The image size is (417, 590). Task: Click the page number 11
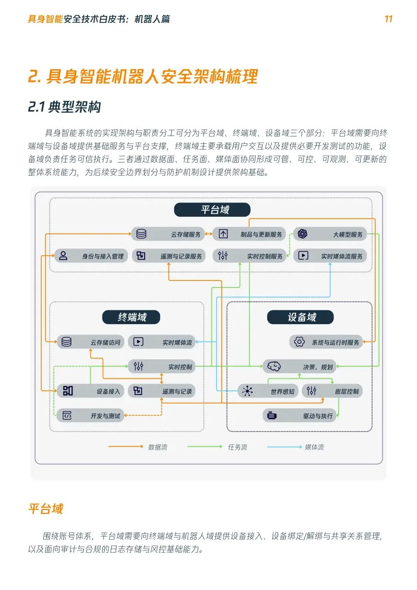click(388, 19)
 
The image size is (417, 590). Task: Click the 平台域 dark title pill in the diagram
click(212, 210)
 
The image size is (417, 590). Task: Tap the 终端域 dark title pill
click(131, 317)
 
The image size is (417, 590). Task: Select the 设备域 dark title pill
click(300, 317)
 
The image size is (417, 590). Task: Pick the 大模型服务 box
click(330, 234)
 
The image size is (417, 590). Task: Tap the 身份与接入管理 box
click(91, 256)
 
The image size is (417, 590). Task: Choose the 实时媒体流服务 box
click(330, 256)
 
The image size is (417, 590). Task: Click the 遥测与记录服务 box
click(169, 256)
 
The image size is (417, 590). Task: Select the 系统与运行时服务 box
click(326, 342)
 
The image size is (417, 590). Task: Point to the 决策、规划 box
click(299, 367)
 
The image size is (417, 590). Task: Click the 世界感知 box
click(268, 391)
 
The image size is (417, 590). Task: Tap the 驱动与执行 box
click(299, 416)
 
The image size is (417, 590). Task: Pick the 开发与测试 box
click(91, 416)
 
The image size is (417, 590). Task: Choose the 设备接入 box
click(91, 391)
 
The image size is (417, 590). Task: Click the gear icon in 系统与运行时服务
click(299, 342)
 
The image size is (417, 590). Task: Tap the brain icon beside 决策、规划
click(274, 366)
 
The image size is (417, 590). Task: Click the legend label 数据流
click(158, 447)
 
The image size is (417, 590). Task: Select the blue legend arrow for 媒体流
click(284, 447)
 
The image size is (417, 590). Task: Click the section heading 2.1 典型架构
click(64, 107)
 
